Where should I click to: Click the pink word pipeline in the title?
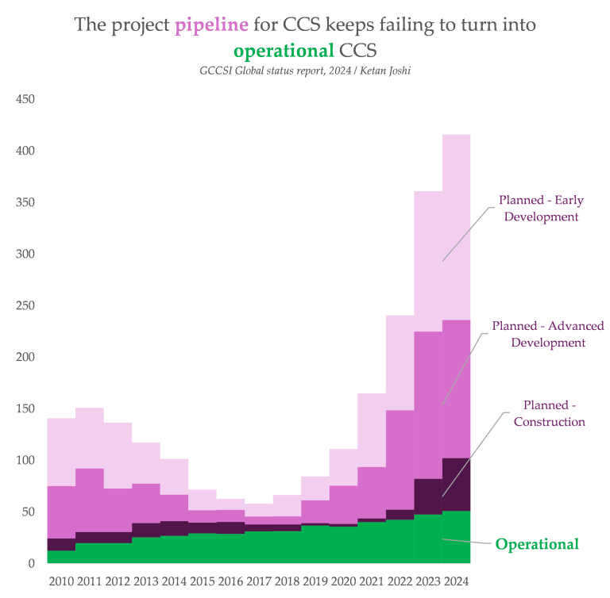pyautogui.click(x=211, y=25)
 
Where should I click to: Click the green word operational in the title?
pyautogui.click(x=284, y=51)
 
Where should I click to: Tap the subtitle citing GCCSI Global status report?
pyautogui.click(x=305, y=71)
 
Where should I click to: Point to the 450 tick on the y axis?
pyautogui.click(x=25, y=99)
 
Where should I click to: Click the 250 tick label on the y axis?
pyautogui.click(x=25, y=305)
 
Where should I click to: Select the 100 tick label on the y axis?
pyautogui.click(x=25, y=460)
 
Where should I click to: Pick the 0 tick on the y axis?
pyautogui.click(x=31, y=563)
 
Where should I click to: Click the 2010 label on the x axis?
pyautogui.click(x=61, y=581)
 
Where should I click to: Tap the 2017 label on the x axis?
pyautogui.click(x=259, y=581)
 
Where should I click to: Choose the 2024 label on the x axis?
pyautogui.click(x=456, y=581)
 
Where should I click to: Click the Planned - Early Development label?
pyautogui.click(x=539, y=208)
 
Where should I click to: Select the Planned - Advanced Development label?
pyautogui.click(x=548, y=334)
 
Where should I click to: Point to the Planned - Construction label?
pyautogui.click(x=549, y=413)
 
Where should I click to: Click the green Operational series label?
pyautogui.click(x=537, y=544)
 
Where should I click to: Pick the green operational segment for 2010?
pyautogui.click(x=61, y=557)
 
